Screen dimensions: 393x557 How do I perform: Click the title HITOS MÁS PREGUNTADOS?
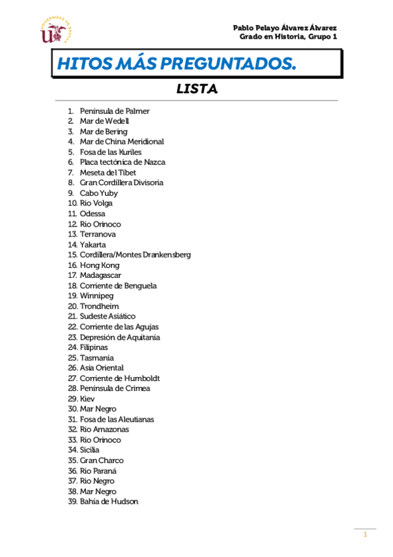pos(176,64)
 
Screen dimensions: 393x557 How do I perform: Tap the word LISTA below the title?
pos(197,89)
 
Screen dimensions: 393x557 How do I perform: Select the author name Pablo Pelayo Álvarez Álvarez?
pos(285,28)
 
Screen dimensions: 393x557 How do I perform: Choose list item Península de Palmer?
pos(114,111)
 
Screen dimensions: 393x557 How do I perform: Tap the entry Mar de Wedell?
pos(104,121)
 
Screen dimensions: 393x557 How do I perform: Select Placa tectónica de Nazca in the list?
pos(122,162)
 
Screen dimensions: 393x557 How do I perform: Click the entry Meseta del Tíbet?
pos(108,172)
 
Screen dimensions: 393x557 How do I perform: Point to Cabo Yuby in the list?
pos(99,193)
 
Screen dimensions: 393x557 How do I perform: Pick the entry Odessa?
pos(92,213)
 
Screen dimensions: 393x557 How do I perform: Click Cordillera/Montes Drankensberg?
pos(135,255)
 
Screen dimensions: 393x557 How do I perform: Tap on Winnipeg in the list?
pos(96,296)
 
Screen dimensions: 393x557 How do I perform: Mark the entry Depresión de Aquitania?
pos(119,337)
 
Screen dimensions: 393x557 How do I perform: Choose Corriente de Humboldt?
pos(119,378)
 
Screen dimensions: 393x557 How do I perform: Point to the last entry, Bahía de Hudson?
pos(109,501)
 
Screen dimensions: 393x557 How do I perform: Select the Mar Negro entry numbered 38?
pos(98,491)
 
